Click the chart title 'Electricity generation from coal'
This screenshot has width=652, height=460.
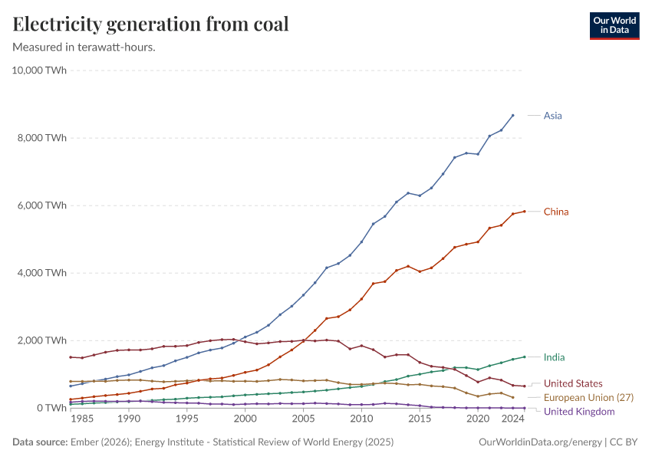[x=151, y=24]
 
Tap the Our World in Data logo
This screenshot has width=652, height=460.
[x=614, y=25]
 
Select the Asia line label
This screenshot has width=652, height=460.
[x=552, y=116]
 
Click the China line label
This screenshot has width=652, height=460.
[x=556, y=212]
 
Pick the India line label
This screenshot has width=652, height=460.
[x=553, y=357]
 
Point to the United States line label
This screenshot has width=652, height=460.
[x=573, y=383]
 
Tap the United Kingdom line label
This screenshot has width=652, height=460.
[x=579, y=412]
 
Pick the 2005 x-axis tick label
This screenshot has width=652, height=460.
[x=303, y=420]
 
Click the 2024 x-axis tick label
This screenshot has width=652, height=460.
[x=512, y=420]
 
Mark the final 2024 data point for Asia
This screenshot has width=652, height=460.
[x=512, y=116]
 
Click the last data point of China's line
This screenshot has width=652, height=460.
[x=524, y=212]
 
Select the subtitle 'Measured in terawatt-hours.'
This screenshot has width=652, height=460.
[x=84, y=47]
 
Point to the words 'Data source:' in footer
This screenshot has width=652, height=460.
[x=40, y=442]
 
